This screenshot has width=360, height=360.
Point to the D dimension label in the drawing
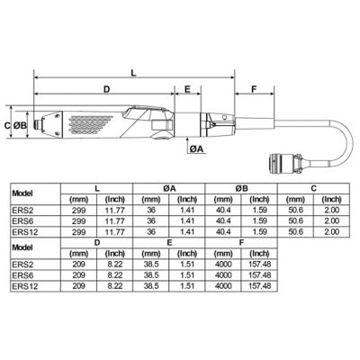point(105,90)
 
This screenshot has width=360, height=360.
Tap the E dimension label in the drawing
point(187,90)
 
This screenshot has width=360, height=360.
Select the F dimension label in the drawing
point(255,90)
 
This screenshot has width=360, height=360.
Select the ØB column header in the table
point(241,189)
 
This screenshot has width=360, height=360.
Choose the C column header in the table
point(313,189)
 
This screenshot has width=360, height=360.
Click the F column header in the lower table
point(241,243)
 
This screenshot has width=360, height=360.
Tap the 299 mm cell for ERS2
point(78,211)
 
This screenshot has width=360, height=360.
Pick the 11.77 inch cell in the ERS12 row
point(114,230)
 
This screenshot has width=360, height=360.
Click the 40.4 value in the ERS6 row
point(223,220)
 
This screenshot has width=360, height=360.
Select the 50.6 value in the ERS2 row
point(295,211)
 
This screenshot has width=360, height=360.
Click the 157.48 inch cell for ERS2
point(259,265)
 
